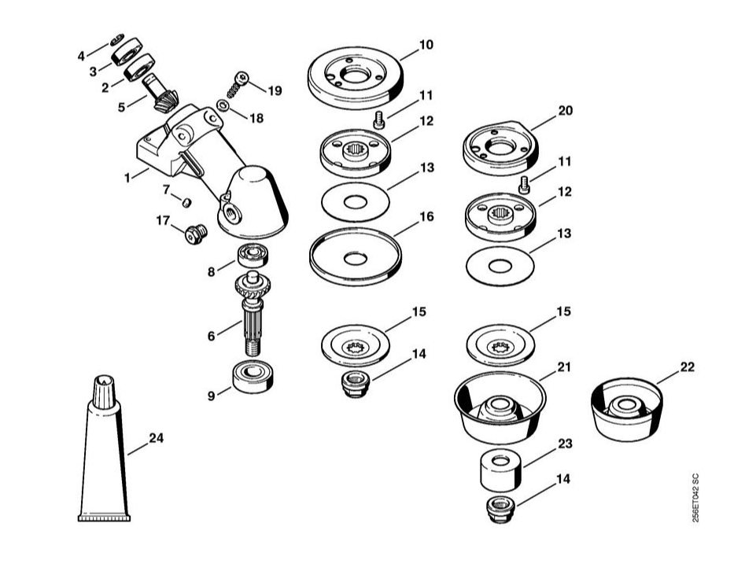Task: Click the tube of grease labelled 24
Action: click(x=103, y=464)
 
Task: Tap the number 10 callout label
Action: click(x=426, y=46)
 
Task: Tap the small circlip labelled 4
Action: click(x=116, y=39)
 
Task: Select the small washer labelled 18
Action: click(x=223, y=106)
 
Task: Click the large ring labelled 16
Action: click(x=356, y=256)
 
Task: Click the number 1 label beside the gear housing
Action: click(x=127, y=179)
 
